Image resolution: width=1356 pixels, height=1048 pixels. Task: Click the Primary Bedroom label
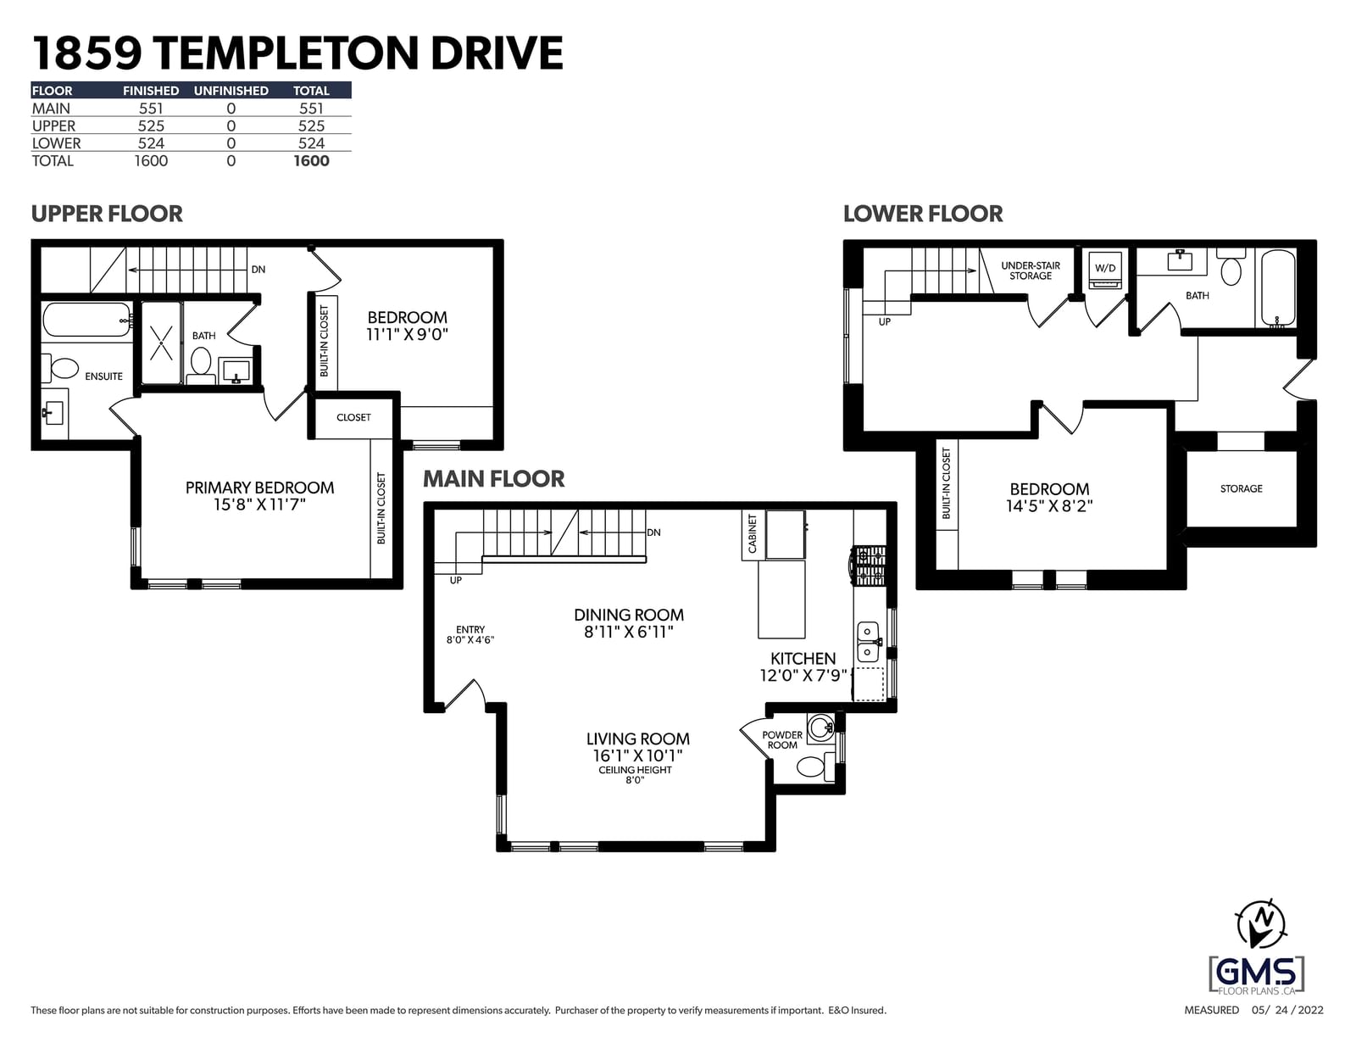tap(259, 488)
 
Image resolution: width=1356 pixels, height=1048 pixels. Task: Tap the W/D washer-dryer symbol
tap(1105, 270)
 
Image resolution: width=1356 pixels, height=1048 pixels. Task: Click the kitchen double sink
tap(868, 642)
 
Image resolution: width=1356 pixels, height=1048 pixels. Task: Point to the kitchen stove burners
tap(869, 566)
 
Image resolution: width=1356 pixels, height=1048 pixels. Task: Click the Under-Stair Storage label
tap(1031, 270)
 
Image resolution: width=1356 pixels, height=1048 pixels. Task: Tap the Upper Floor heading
tap(107, 214)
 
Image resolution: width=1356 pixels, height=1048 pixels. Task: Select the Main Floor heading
tap(493, 479)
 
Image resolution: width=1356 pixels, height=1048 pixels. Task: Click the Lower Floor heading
tap(923, 214)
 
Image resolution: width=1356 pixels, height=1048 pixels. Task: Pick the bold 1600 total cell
tap(311, 161)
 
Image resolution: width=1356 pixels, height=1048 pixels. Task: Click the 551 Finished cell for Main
tap(151, 109)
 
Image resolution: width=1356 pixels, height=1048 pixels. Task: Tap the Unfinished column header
tap(231, 91)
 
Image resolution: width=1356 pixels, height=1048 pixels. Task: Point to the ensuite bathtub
tap(87, 321)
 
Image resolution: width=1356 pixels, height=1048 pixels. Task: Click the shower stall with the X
tap(162, 343)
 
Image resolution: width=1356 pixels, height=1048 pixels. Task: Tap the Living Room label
tap(638, 739)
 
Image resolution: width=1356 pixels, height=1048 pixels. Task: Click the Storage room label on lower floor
tap(1242, 488)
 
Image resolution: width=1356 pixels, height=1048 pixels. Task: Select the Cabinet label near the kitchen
tap(752, 533)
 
